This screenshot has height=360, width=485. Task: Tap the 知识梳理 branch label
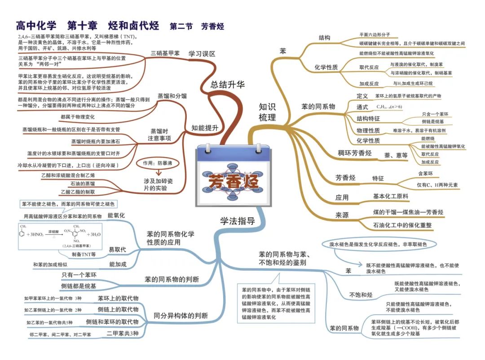tap(267, 112)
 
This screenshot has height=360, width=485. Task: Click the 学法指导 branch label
tap(237, 221)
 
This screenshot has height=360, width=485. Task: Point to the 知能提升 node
tap(205, 127)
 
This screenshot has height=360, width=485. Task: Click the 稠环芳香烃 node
tap(354, 153)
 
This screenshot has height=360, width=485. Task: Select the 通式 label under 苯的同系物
tap(362, 107)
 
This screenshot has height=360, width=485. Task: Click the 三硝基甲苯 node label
tap(165, 53)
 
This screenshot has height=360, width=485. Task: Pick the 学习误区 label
tap(202, 53)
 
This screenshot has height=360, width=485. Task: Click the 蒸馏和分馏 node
tap(172, 96)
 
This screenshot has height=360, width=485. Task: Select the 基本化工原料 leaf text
tap(390, 196)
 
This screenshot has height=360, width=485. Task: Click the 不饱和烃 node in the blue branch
tap(361, 294)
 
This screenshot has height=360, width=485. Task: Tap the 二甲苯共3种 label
tap(123, 334)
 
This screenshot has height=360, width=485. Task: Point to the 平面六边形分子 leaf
tap(375, 34)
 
